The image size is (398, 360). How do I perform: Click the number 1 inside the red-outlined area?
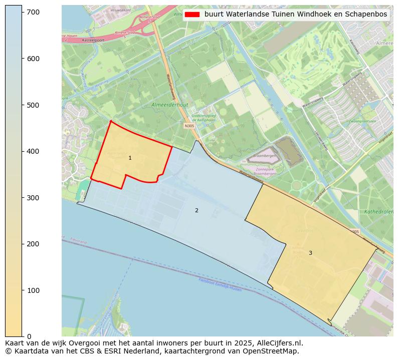(x=130, y=158)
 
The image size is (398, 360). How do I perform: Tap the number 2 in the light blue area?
(x=196, y=211)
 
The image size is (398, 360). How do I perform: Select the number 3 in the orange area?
(x=310, y=253)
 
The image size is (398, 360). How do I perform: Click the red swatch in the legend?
(x=192, y=15)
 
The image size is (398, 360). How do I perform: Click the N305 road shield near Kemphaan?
(x=189, y=126)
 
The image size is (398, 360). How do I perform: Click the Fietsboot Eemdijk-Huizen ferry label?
(x=220, y=286)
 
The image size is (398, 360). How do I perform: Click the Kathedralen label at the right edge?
(x=379, y=212)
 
